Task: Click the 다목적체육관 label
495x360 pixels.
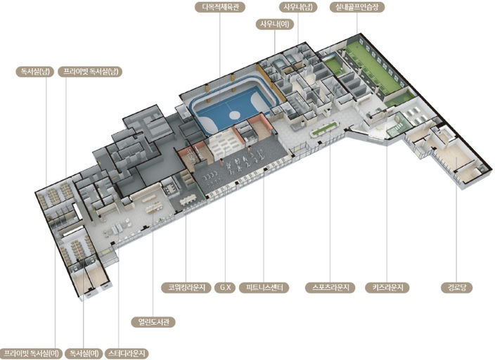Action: pos(220,7)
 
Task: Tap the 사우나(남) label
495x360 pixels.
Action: pos(298,7)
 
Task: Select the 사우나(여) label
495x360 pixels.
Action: pos(275,25)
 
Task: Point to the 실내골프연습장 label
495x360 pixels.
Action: pos(357,7)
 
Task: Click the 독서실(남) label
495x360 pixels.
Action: pos(35,72)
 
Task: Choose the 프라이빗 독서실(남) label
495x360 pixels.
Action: pos(90,72)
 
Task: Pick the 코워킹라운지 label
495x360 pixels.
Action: pos(186,288)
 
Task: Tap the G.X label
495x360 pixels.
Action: pos(225,288)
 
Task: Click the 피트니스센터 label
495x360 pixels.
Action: pos(264,288)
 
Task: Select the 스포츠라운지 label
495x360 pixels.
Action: pos(330,288)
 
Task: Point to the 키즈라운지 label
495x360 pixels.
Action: pos(387,288)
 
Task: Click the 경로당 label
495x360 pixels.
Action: pos(456,288)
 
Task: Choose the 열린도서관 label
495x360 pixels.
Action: pos(153,322)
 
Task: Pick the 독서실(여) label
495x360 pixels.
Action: pos(84,353)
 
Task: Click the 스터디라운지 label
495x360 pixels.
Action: pos(127,353)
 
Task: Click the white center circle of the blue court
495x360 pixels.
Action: pos(235,115)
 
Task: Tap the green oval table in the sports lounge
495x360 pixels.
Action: pos(323,129)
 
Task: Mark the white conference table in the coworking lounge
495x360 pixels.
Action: pos(188,200)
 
